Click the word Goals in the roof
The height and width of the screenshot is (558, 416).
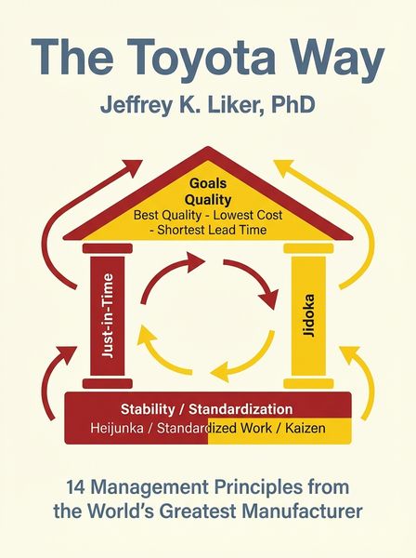pyautogui.click(x=208, y=183)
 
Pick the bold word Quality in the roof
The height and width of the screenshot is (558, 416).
pyautogui.click(x=208, y=200)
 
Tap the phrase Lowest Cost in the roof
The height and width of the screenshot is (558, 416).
pyautogui.click(x=248, y=215)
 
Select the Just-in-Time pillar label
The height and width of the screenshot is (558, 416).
pyautogui.click(x=108, y=315)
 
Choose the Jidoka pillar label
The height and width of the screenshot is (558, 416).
pyautogui.click(x=308, y=315)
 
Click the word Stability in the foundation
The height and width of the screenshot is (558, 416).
pyautogui.click(x=148, y=409)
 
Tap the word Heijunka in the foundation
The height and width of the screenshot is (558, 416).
pyautogui.click(x=117, y=428)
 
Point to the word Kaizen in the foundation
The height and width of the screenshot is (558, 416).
pyautogui.click(x=305, y=428)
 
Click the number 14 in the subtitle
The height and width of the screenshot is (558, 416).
pyautogui.click(x=75, y=487)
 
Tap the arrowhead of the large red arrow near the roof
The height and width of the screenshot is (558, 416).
pyautogui.click(x=132, y=168)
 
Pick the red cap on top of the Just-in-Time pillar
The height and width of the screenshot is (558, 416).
pyautogui.click(x=108, y=248)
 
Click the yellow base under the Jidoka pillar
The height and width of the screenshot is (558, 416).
pyautogui.click(x=308, y=383)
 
